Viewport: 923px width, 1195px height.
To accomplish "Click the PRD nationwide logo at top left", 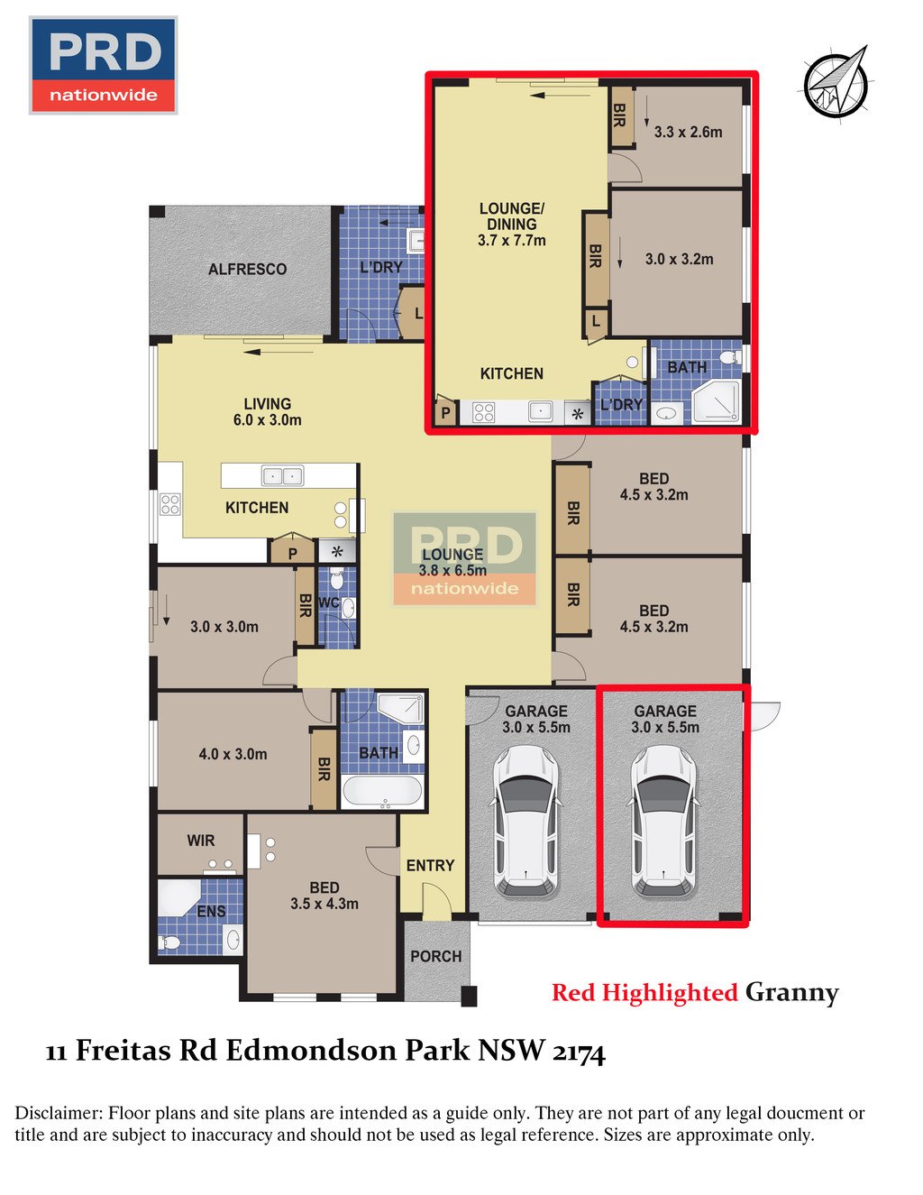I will point(103,65).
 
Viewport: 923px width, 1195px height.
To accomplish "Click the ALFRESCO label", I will point(247,269).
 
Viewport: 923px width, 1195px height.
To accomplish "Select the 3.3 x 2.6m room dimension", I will point(688,132).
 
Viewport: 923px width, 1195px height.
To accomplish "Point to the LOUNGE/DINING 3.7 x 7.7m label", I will point(511,225).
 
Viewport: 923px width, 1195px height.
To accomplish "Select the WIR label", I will point(200,841).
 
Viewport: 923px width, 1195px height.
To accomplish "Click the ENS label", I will point(211,911).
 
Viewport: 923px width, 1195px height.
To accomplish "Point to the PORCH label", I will point(435,956).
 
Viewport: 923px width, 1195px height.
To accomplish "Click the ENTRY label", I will point(430,865).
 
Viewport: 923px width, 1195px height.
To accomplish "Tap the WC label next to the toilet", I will point(327,602).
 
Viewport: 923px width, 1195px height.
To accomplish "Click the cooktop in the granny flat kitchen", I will point(483,413).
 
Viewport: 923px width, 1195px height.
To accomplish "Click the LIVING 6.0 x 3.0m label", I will point(267,411).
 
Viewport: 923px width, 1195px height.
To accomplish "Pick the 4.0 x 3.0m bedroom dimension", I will point(233,754).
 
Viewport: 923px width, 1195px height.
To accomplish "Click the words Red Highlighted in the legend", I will point(644,993).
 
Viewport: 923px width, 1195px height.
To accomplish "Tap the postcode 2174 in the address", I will point(578,1052).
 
